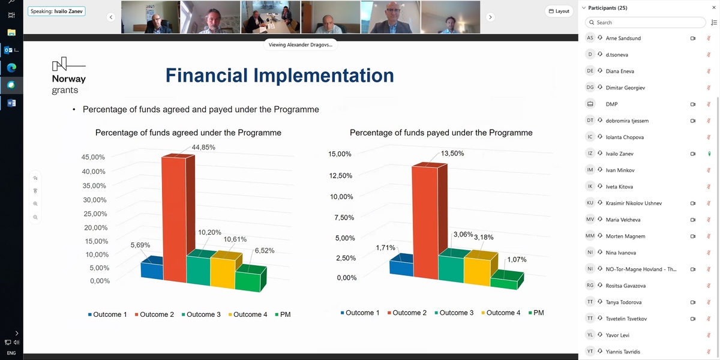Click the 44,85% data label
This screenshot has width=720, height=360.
point(203,147)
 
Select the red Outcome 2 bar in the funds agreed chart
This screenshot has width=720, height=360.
point(175,218)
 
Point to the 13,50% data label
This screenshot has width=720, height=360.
point(452,154)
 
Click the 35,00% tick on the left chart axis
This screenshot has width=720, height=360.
point(94,185)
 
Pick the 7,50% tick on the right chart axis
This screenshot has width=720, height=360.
point(344,217)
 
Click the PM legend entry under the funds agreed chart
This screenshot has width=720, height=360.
point(283,314)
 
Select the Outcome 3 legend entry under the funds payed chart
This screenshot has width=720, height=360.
point(454,313)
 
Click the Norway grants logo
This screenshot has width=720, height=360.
point(69,76)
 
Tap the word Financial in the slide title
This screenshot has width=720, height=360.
point(206,75)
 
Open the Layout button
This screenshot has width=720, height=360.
point(559,11)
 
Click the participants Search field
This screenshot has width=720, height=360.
point(645,23)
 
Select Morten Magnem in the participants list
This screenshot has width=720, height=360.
point(625,236)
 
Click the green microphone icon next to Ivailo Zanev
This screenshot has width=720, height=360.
point(709,154)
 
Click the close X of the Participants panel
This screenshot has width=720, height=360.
point(714,7)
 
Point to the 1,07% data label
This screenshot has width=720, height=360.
point(517,259)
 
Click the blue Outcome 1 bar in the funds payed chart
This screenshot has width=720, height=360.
point(401,265)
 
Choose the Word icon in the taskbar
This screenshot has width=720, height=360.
point(11,103)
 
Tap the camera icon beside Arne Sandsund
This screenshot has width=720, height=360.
point(692,38)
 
